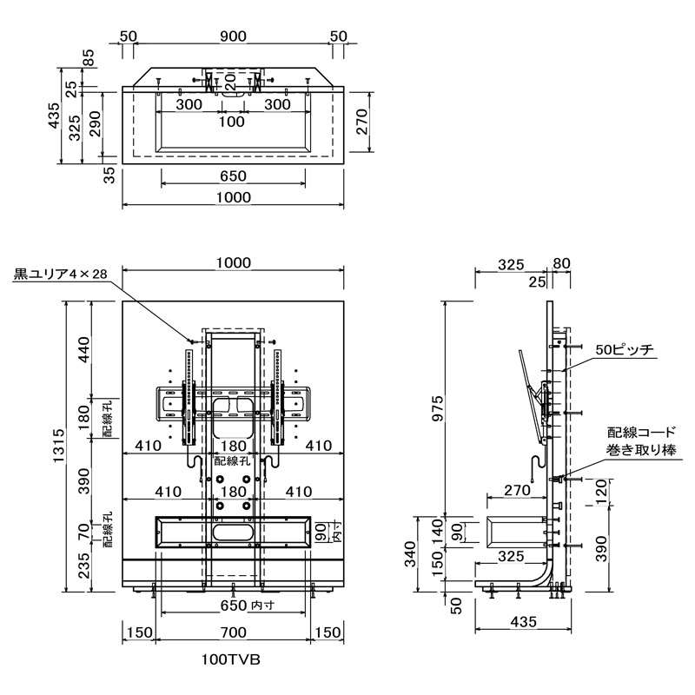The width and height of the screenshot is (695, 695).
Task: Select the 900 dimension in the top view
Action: point(233,36)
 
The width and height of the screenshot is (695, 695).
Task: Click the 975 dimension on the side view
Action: point(436,407)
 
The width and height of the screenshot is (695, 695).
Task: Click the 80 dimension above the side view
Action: point(561,263)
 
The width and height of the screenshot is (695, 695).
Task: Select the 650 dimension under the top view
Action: point(233,176)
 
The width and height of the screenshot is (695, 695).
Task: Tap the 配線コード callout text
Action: point(639,432)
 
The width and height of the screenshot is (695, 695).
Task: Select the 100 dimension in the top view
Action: point(232,122)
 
